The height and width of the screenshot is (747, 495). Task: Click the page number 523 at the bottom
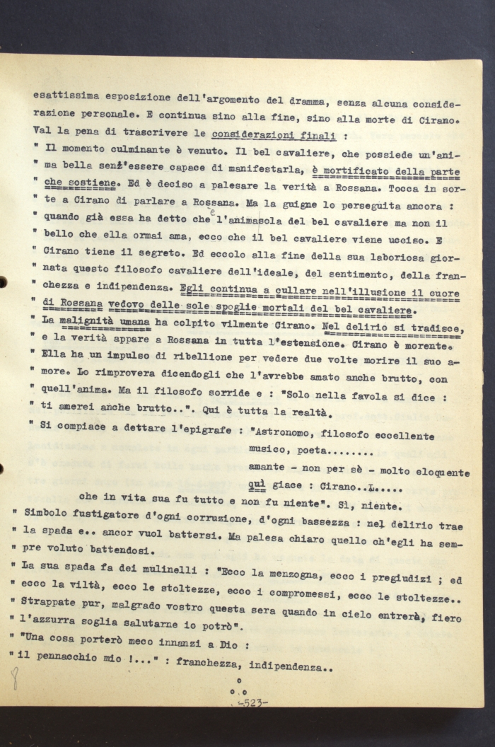[x=250, y=702]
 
